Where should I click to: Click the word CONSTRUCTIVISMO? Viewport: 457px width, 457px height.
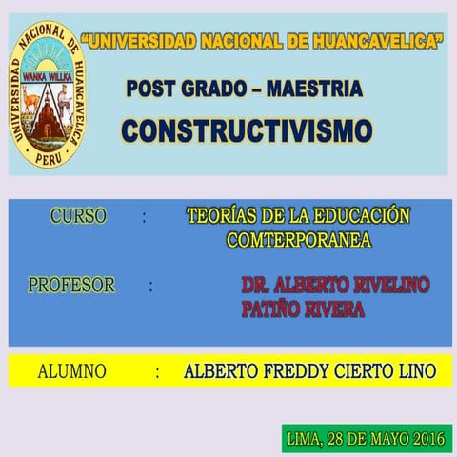click(x=247, y=129)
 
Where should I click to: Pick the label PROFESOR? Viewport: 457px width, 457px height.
click(x=71, y=285)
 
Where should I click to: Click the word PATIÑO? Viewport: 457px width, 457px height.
click(x=273, y=308)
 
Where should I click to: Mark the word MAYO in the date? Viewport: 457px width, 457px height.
click(x=387, y=439)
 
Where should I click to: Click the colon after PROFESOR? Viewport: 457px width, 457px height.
click(x=150, y=286)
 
